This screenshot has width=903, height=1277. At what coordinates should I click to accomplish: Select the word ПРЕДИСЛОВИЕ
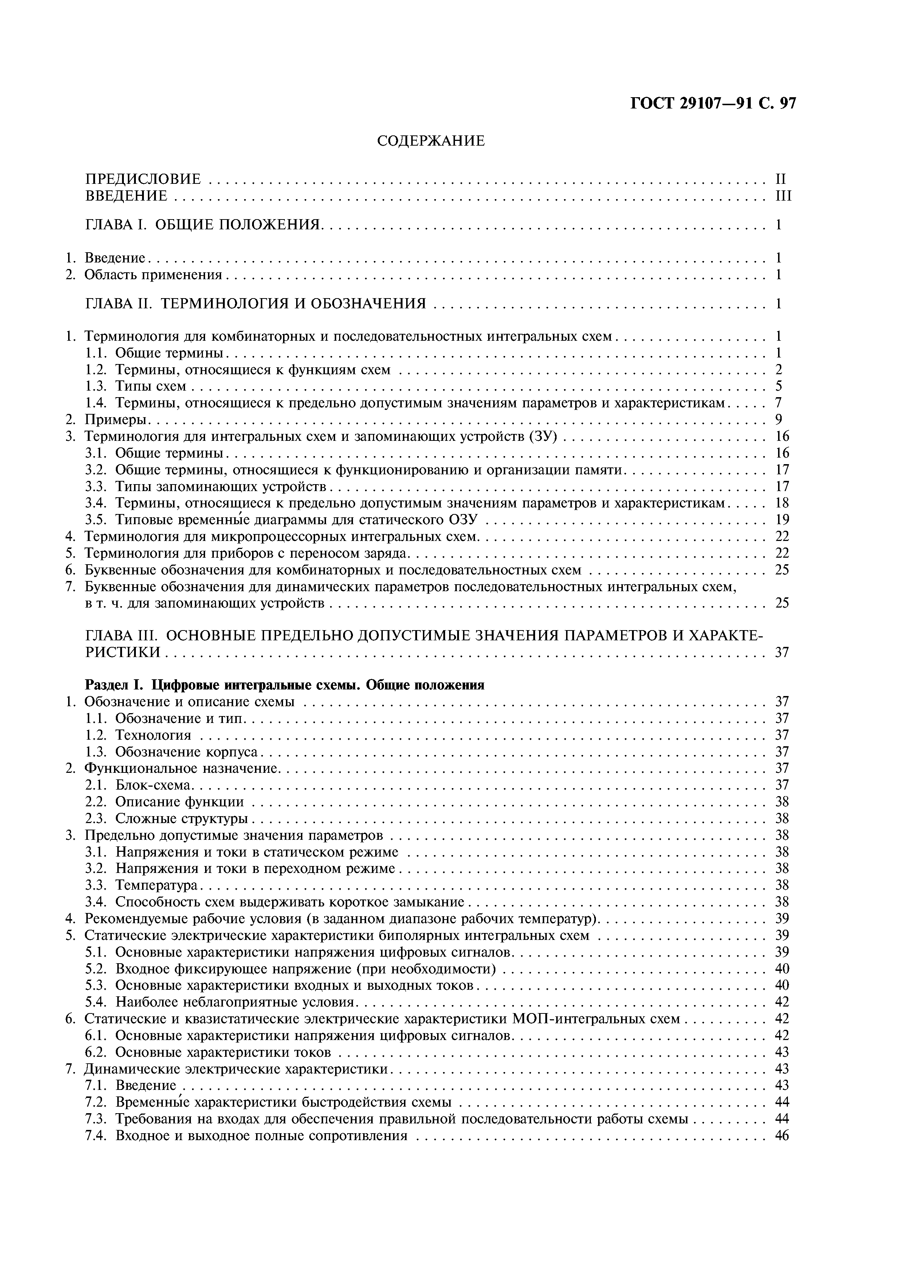(142, 179)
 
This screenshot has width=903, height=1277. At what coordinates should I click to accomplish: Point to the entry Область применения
(153, 275)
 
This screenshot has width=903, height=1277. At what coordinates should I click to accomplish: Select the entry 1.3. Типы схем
(150, 386)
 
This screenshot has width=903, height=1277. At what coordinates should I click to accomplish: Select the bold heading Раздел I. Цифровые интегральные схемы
(284, 685)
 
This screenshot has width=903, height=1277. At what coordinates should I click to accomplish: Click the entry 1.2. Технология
(153, 735)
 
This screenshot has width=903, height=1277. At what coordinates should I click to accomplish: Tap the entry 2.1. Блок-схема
(153, 785)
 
